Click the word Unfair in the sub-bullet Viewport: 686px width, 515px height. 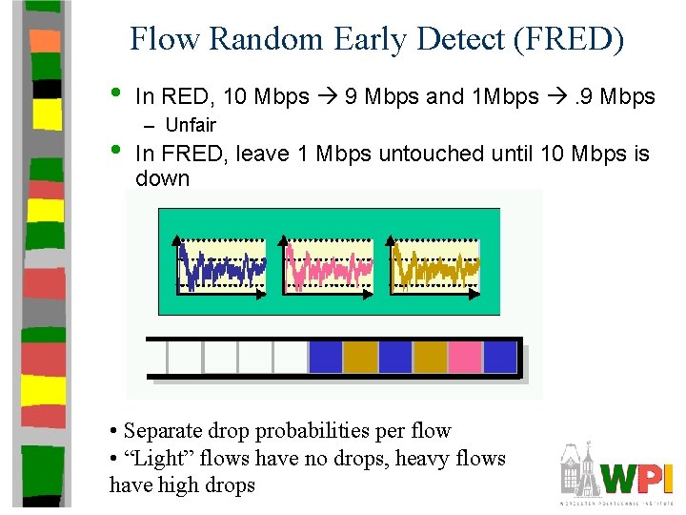pyautogui.click(x=191, y=125)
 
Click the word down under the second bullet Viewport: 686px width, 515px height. pyautogui.click(x=163, y=178)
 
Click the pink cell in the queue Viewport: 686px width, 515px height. pyautogui.click(x=465, y=357)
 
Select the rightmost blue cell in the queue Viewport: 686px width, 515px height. pyautogui.click(x=500, y=357)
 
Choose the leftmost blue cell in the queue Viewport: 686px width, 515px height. pyautogui.click(x=325, y=357)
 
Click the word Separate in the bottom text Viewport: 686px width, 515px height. pyautogui.click(x=159, y=431)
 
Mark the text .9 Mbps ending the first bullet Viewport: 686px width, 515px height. pyautogui.click(x=615, y=97)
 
